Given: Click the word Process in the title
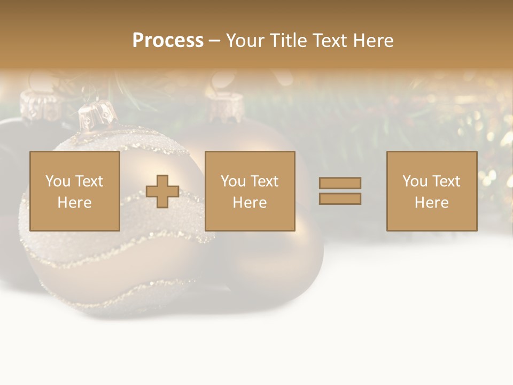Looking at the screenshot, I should click(x=168, y=41).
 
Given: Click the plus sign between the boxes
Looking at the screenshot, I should click(x=162, y=191).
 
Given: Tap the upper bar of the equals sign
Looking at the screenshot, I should click(x=340, y=183).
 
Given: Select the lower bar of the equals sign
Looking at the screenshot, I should click(x=340, y=199).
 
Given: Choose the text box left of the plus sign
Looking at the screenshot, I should click(x=74, y=191).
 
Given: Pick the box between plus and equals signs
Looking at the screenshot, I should click(x=250, y=191).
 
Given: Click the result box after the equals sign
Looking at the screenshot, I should click(x=431, y=191).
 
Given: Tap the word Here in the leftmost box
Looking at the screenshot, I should click(x=74, y=203).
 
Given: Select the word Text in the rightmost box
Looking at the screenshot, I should click(x=446, y=181).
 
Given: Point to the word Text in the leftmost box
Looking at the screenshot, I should click(x=89, y=181).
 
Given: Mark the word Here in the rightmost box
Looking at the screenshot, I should click(x=431, y=203).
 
